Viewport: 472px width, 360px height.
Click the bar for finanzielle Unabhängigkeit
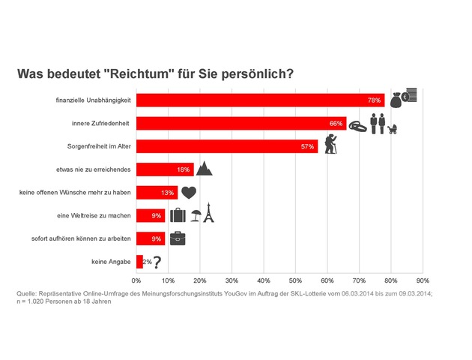pyautogui.click(x=258, y=100)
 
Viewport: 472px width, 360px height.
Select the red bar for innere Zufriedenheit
pyautogui.click(x=240, y=123)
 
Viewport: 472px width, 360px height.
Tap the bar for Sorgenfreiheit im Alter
pyautogui.click(x=225, y=146)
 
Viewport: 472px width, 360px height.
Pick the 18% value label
pyautogui.click(x=183, y=169)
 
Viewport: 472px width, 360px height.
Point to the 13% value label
pyautogui.click(x=168, y=193)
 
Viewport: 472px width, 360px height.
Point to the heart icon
pyautogui.click(x=189, y=192)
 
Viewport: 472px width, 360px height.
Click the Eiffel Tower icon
pyautogui.click(x=209, y=214)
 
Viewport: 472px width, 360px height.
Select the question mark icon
pyautogui.click(x=157, y=262)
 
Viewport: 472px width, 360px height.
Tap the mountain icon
pyautogui.click(x=204, y=167)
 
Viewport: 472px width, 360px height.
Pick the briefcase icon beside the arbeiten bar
pyautogui.click(x=178, y=238)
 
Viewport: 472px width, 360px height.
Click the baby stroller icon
pyautogui.click(x=392, y=128)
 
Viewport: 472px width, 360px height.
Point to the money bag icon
pyautogui.click(x=396, y=98)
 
